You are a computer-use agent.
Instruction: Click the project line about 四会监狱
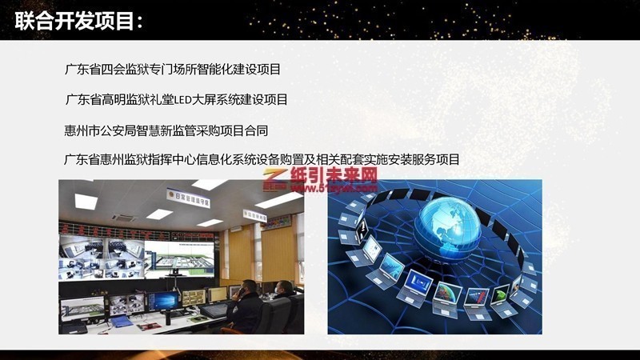172,70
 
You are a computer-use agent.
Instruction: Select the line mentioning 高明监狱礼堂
175,100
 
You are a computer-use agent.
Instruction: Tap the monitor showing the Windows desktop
163,300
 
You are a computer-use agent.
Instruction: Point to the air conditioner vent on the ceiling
124,217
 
